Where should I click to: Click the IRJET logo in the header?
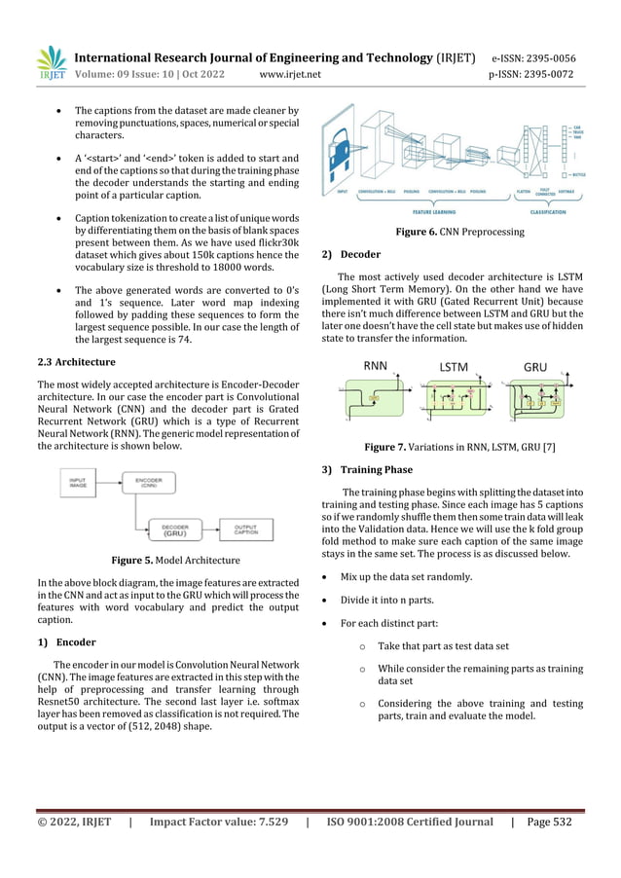pyautogui.click(x=51, y=64)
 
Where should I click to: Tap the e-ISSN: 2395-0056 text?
pyautogui.click(x=532, y=57)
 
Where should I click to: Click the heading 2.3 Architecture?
pyautogui.click(x=76, y=361)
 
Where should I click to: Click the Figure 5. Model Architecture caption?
pyautogui.click(x=167, y=560)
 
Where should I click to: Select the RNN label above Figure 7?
pyautogui.click(x=376, y=366)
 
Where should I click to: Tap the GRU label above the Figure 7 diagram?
pyautogui.click(x=535, y=367)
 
